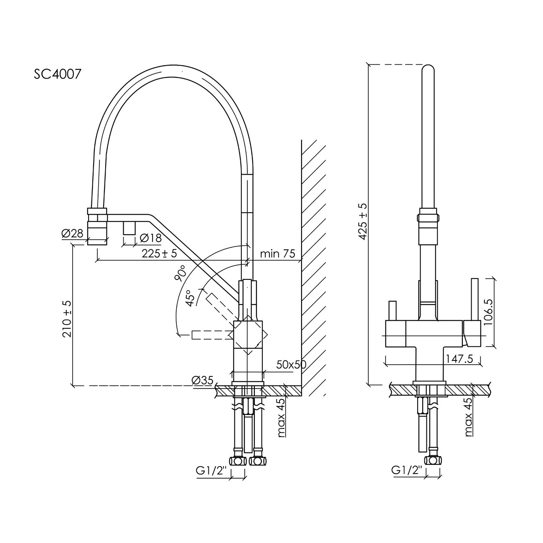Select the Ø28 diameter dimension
72,234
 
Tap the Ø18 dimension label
150,238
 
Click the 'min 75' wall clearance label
277,254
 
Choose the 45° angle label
191,298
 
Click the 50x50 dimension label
291,364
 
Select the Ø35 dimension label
203,381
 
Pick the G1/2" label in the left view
211,470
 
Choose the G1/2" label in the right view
407,470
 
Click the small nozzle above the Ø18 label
129,228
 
